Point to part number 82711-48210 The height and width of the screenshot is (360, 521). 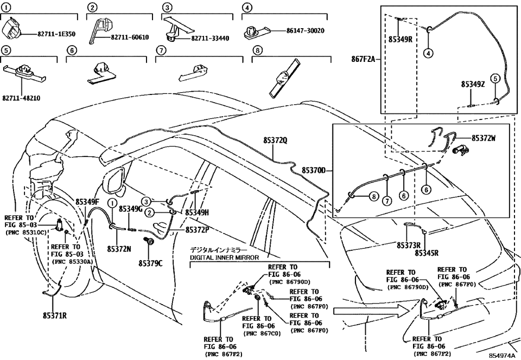[22, 98]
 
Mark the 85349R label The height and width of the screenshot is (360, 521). [400, 39]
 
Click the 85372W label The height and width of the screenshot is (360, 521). [484, 138]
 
